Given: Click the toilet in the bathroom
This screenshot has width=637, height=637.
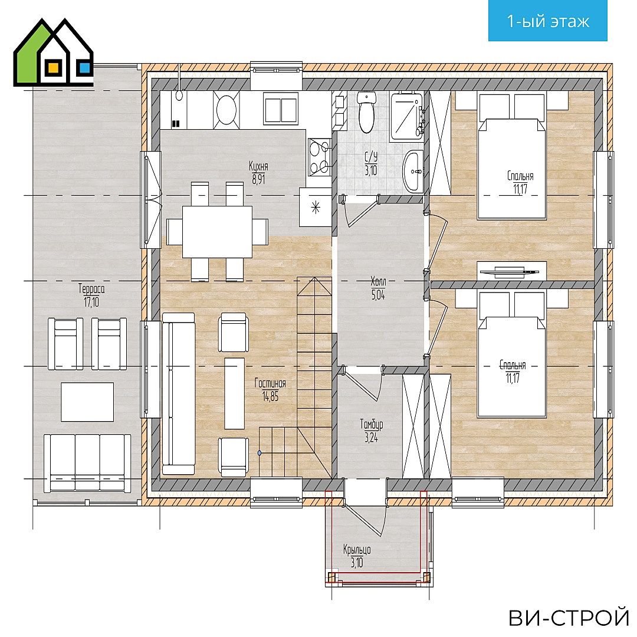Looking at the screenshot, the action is pos(366,112).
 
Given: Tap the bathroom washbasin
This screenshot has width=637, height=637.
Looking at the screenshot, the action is pos(413,170).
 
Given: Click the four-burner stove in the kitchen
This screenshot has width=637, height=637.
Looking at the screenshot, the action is pos(319,157).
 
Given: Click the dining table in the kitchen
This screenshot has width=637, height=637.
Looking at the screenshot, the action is pos(217,232).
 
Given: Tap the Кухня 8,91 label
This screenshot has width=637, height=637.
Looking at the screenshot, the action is pos(258,173).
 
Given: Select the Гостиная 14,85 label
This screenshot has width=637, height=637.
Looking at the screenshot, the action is pos(270,389).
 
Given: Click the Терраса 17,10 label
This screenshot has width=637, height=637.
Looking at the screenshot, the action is pos(91,295).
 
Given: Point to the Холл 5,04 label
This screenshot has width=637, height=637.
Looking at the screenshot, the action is pos(378,288).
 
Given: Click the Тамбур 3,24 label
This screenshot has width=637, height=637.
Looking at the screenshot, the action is pos(372,431).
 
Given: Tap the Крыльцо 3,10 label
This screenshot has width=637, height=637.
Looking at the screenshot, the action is pos(357,556).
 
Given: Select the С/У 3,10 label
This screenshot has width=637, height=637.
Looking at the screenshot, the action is pos(370,164).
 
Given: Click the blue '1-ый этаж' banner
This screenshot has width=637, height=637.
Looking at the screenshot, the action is pos(547,21).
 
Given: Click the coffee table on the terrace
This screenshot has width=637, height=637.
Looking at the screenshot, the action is pos(87,402).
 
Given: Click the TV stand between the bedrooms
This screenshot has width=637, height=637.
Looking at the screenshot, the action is pos(511,271).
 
